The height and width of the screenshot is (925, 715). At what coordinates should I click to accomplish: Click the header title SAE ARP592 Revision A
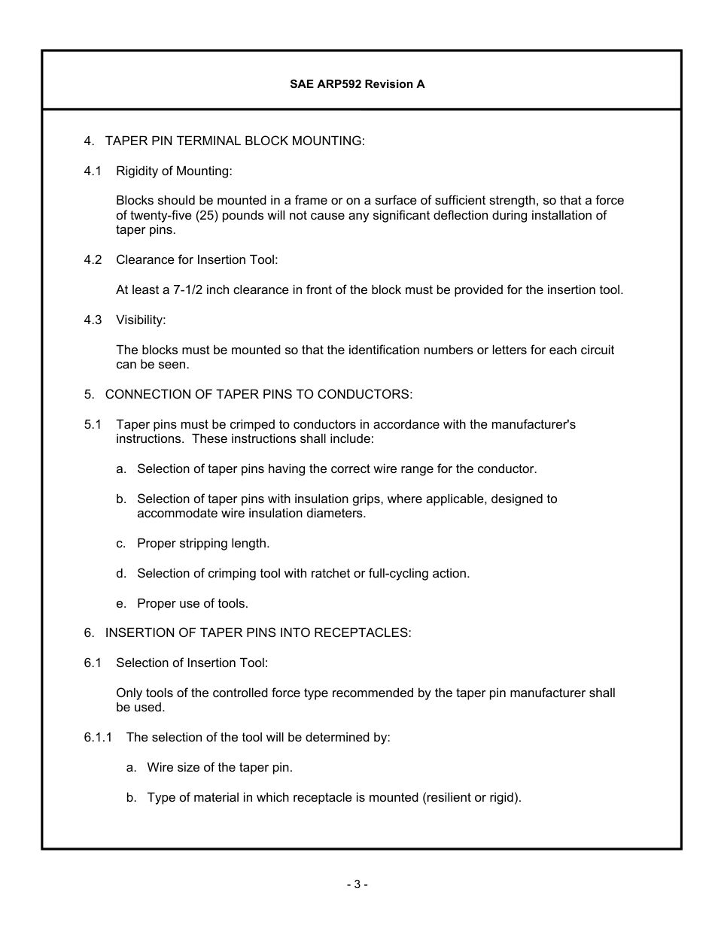click(357, 84)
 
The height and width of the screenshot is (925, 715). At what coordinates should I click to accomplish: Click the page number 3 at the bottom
click(357, 885)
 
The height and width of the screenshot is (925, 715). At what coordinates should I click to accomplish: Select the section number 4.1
click(93, 171)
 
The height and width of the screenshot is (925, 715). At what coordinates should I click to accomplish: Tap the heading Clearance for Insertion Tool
click(196, 260)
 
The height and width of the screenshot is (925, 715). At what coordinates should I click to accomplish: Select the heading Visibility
click(140, 320)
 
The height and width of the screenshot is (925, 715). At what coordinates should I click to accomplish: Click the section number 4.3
click(93, 320)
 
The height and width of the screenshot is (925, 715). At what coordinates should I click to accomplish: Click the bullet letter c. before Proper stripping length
click(120, 543)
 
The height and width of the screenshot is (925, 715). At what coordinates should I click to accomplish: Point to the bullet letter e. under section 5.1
click(120, 603)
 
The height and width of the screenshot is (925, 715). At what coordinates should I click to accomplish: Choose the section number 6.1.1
click(98, 737)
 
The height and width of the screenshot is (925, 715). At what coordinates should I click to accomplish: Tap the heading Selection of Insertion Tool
click(191, 663)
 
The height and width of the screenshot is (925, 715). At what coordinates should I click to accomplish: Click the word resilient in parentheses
click(446, 797)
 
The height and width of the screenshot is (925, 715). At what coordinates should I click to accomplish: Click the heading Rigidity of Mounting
click(174, 171)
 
